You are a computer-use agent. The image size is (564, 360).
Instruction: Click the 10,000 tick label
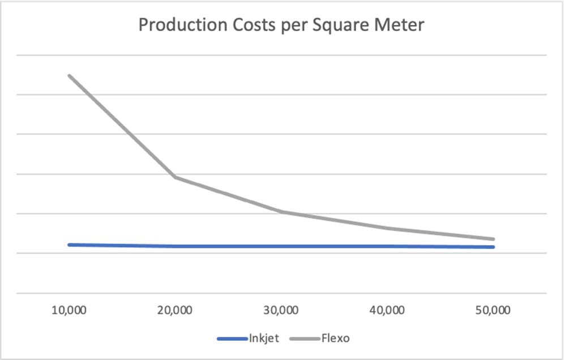[69, 310]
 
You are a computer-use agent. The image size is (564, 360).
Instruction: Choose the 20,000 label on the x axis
[175, 310]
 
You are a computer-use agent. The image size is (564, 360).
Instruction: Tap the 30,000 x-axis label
[281, 310]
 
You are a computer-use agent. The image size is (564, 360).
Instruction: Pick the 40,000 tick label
[388, 310]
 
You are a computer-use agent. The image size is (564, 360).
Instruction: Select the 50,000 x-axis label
[494, 310]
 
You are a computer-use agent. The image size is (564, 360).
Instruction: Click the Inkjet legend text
[263, 338]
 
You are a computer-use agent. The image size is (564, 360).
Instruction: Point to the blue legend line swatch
[232, 339]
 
